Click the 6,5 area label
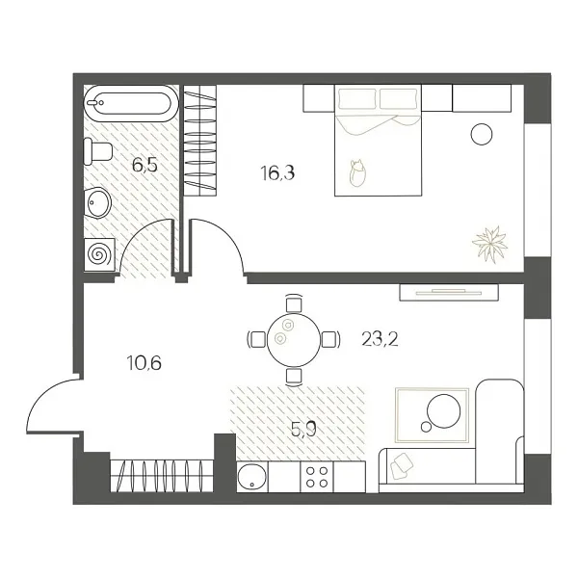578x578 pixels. pos(144,165)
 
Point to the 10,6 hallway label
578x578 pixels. pos(144,363)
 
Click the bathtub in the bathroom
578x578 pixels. pos(129,102)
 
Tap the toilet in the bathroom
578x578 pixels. pos(98,150)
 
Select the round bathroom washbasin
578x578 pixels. pos(98,202)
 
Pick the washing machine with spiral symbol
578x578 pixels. pos(98,253)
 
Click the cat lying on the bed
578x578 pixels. pos(358,173)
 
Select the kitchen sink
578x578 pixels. pos(254,475)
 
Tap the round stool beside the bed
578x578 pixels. pos(481,134)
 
